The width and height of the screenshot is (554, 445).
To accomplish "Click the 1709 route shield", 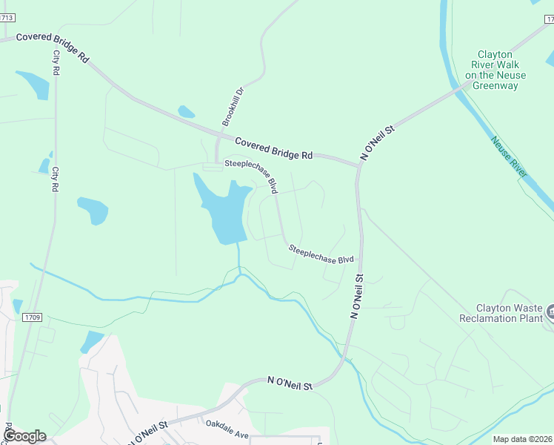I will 32,317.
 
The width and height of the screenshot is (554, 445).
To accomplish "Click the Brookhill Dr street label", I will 233,106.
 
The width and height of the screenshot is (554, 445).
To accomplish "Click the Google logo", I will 25,436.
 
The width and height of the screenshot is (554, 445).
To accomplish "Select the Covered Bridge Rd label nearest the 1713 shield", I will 52,47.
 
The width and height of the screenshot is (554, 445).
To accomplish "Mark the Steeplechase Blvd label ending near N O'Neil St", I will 321,254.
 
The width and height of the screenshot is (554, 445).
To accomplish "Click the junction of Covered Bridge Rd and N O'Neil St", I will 358,165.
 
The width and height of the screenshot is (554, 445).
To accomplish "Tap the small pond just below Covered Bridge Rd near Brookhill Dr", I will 186,112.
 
